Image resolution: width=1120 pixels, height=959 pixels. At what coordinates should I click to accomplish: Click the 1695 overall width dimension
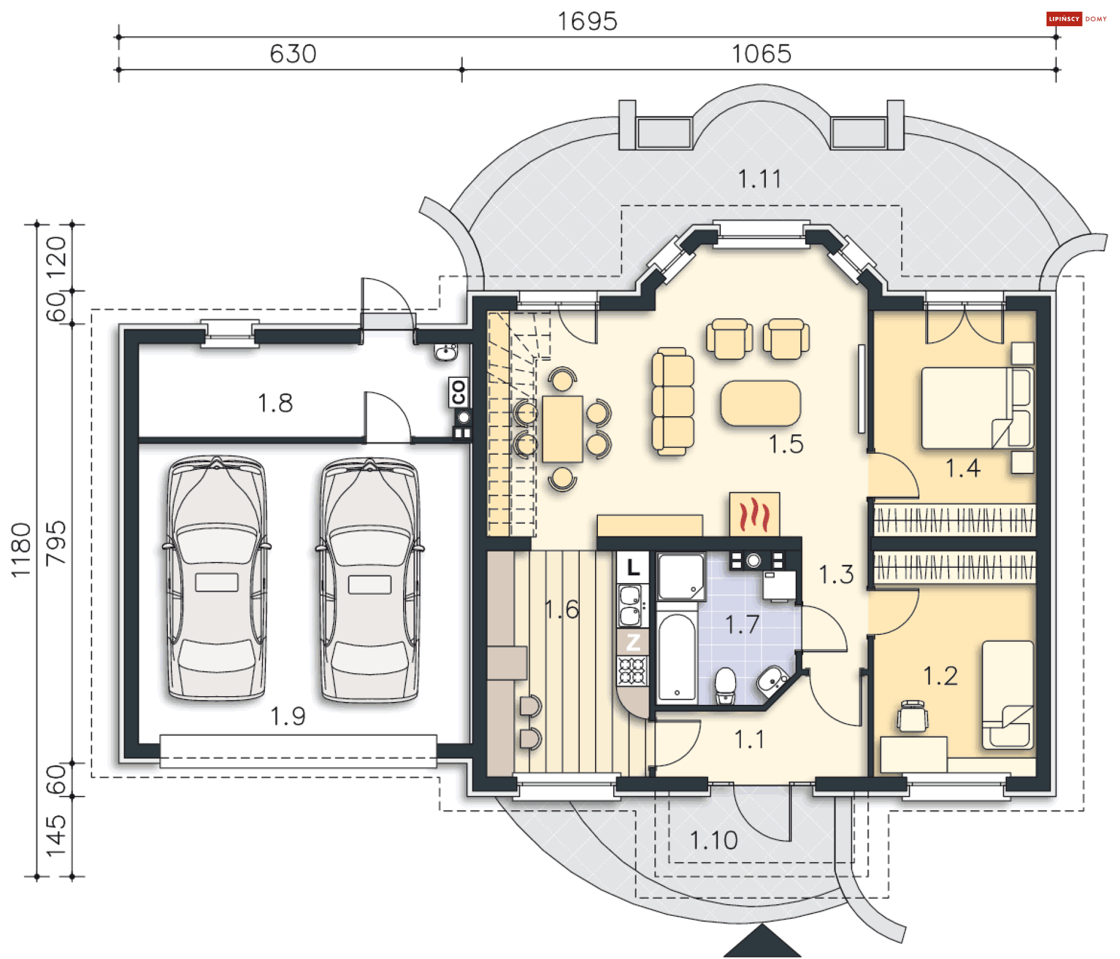coord(587,22)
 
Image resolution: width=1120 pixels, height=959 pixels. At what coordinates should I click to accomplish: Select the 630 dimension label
coord(293,54)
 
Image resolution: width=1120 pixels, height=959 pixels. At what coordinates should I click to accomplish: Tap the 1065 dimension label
coord(761,54)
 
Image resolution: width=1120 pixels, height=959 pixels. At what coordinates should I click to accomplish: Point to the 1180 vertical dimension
coord(21,550)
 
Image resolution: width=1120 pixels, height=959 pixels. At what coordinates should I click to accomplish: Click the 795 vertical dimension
coord(56,543)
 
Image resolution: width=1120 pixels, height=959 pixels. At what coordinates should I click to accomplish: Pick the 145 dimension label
coord(56,836)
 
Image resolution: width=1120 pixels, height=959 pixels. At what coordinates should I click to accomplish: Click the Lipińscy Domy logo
coord(1077,19)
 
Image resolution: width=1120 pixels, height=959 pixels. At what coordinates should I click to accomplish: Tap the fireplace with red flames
coord(754,514)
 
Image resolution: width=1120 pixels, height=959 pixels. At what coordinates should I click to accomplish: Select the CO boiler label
coord(459,392)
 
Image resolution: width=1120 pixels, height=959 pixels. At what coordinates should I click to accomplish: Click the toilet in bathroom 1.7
coord(725,686)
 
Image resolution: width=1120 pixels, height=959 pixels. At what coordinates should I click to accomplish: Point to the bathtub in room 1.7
coord(677,656)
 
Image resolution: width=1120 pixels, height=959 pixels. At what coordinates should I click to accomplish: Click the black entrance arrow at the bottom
coord(762,942)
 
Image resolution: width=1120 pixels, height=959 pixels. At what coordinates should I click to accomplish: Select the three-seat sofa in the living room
coord(673,401)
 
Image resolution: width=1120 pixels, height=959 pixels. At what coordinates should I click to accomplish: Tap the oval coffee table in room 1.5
coord(761,403)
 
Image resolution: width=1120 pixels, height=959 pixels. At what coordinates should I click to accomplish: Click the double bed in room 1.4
coord(977,408)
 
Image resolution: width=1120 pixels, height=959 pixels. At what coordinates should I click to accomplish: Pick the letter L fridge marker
coord(633,567)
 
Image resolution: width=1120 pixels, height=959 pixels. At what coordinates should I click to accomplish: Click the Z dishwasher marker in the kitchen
coord(633,642)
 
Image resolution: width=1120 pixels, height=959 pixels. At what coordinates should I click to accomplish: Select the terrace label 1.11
coord(759,179)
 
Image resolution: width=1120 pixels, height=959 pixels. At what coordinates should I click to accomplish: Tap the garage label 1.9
coord(288,716)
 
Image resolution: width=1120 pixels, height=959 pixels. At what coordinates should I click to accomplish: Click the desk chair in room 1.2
coord(912,715)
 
